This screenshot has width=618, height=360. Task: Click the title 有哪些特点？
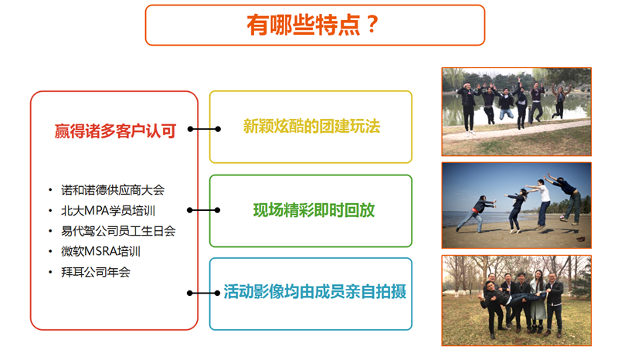(313, 25)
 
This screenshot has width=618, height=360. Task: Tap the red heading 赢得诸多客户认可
(115, 131)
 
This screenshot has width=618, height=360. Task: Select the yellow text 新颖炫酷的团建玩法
(311, 127)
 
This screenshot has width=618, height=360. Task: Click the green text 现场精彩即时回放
(314, 210)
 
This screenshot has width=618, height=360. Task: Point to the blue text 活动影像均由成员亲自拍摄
(314, 292)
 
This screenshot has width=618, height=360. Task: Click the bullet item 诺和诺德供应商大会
(113, 190)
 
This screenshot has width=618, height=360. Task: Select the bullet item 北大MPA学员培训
(108, 211)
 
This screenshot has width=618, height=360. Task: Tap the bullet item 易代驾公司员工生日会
(118, 231)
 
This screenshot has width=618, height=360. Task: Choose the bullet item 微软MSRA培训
(101, 252)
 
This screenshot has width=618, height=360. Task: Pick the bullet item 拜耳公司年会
(95, 272)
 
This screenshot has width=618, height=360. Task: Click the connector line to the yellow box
(204, 129)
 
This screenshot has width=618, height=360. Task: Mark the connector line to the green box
(204, 210)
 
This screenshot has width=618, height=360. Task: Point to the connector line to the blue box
(204, 293)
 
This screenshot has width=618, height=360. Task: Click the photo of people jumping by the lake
(516, 111)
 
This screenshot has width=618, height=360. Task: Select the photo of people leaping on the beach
(516, 205)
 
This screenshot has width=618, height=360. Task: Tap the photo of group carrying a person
(516, 301)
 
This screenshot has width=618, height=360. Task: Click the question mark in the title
(372, 25)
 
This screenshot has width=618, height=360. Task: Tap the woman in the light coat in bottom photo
(538, 301)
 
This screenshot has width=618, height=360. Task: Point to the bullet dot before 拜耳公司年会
(50, 272)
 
